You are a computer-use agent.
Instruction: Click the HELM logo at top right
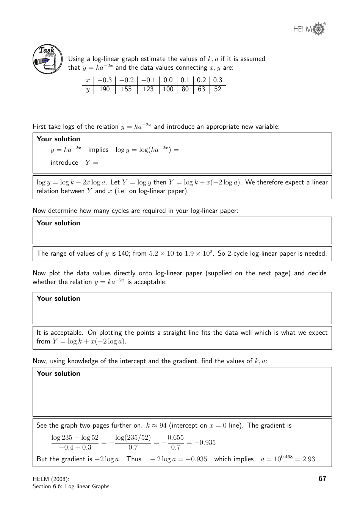(309, 29)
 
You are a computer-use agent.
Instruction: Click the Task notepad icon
(48, 59)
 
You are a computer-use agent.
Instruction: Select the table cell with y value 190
(104, 89)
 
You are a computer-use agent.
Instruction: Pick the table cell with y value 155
(126, 89)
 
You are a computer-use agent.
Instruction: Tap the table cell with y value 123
(148, 89)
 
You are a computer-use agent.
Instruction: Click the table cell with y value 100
(168, 89)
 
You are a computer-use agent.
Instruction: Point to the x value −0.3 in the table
(104, 80)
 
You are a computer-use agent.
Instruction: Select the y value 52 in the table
(218, 89)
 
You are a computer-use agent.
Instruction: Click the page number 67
(322, 479)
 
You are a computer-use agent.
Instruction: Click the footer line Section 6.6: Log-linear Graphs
(71, 486)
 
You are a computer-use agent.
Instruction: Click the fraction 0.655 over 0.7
(175, 442)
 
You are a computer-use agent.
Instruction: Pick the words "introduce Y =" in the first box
(74, 162)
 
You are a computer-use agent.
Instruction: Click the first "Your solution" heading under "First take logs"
(58, 139)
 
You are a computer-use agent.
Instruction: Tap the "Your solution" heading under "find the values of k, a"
(58, 373)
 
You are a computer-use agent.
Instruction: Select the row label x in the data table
(88, 80)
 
